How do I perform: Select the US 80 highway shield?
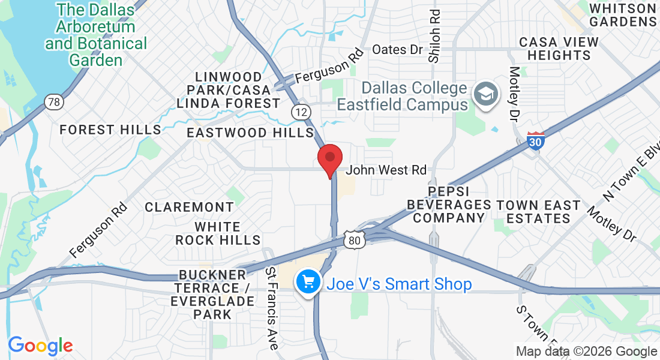click(x=353, y=240)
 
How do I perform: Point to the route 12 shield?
click(x=301, y=111)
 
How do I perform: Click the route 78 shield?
click(x=53, y=102)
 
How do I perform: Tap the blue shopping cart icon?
click(x=308, y=282)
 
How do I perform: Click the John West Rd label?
click(x=386, y=170)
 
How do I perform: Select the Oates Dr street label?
click(x=398, y=50)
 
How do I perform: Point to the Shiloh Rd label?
click(x=434, y=35)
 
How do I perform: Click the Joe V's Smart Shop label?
click(x=399, y=284)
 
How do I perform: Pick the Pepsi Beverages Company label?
click(x=449, y=205)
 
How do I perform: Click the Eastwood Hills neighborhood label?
click(x=250, y=133)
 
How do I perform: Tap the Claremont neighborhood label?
click(x=190, y=207)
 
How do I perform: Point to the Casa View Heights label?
click(x=559, y=49)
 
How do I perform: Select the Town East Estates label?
click(x=538, y=212)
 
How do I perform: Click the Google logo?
click(x=40, y=346)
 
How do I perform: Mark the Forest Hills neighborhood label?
click(x=110, y=130)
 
